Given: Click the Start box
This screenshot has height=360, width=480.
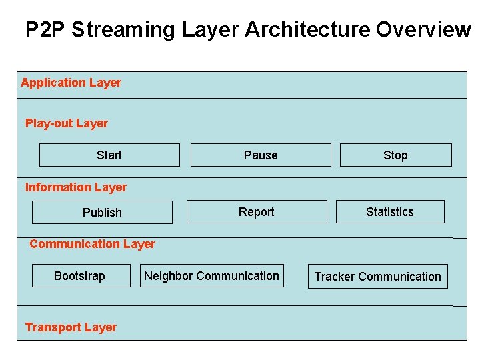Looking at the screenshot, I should tap(109, 155).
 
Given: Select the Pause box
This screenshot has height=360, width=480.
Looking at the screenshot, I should tap(261, 155).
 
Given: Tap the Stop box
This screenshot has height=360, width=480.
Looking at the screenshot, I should tap(395, 155).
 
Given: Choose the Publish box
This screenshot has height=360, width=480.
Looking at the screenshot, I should tap(102, 213).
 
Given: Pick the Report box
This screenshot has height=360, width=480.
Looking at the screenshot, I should tap(257, 212).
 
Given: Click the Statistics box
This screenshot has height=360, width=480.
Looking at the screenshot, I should tap(390, 212).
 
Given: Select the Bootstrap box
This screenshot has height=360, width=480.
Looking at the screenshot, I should tap(81, 276).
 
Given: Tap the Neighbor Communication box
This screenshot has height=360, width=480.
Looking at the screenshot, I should tap(212, 276).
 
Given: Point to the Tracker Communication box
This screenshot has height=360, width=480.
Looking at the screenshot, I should tap(377, 277).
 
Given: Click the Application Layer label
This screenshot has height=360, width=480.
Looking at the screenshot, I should tap(71, 83).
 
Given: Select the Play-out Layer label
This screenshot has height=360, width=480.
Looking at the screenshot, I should tap(66, 123).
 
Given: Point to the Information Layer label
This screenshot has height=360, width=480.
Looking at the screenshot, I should tap(75, 187).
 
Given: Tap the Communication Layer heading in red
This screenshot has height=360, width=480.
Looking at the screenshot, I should tap(92, 244).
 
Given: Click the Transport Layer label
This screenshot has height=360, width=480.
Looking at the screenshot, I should tap(71, 327).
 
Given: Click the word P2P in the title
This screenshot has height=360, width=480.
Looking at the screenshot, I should tap(45, 30).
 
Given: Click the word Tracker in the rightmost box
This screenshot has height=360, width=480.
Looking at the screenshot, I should tap(335, 277).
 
